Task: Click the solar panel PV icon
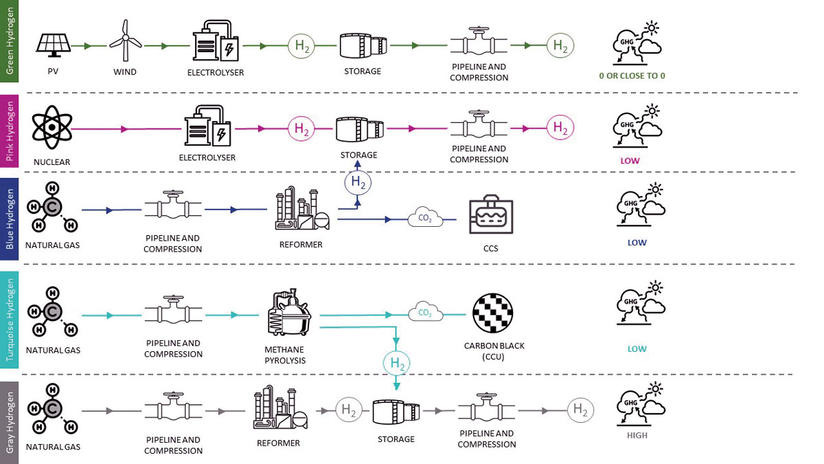click(x=54, y=45)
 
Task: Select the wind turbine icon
click(x=126, y=41)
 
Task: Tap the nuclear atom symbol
click(x=52, y=127)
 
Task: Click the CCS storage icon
click(x=491, y=215)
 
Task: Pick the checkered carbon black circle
click(x=492, y=313)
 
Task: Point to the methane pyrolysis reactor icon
click(x=289, y=312)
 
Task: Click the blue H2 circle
click(x=358, y=183)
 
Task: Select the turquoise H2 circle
click(x=396, y=363)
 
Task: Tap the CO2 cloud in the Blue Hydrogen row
click(x=425, y=217)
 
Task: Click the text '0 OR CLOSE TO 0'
click(x=632, y=76)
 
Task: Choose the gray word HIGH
click(x=637, y=435)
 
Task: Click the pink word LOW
click(x=630, y=161)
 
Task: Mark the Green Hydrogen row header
click(x=9, y=41)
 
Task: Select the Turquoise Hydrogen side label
click(x=9, y=320)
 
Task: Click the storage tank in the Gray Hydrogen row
click(x=396, y=412)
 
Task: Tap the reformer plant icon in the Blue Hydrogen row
click(x=302, y=208)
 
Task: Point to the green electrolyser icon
click(x=216, y=41)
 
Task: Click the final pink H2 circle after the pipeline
click(x=560, y=127)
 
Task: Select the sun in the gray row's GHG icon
click(x=655, y=389)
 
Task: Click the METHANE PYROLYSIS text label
click(x=285, y=355)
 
